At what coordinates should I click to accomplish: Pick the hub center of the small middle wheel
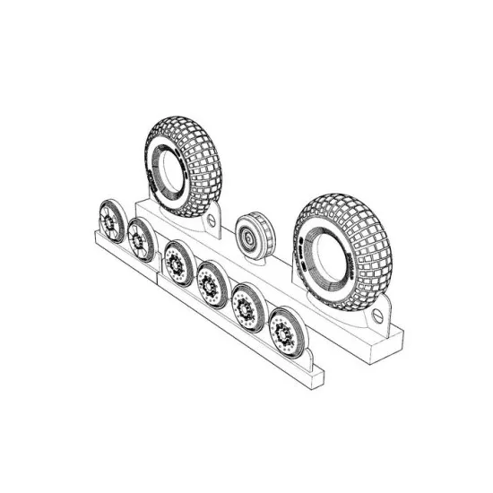(x=245, y=239)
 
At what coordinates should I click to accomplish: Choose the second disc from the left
(x=142, y=238)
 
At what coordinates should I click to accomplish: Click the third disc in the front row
(x=177, y=263)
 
